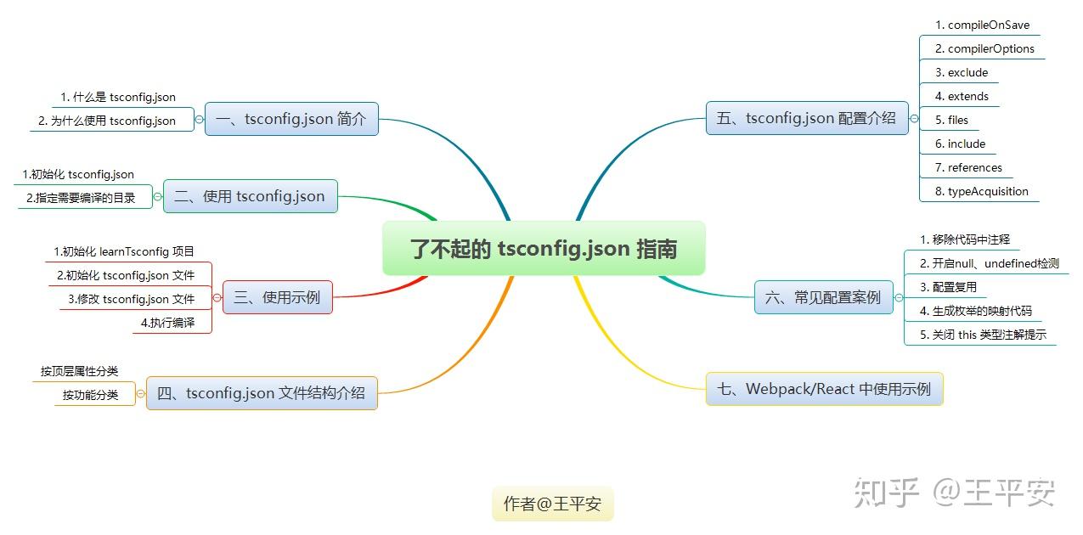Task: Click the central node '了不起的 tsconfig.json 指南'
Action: coord(544,249)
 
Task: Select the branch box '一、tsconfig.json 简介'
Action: coord(291,119)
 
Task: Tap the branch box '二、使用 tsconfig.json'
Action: coord(250,196)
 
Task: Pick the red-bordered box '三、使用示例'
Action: coord(277,297)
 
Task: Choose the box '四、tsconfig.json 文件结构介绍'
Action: coord(262,393)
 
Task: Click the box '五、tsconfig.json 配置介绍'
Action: coord(806,118)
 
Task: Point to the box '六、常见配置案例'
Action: coord(823,297)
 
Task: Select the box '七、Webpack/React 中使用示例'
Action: coord(824,389)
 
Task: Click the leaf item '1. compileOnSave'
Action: coord(982,25)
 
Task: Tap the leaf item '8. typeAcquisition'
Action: coord(981,191)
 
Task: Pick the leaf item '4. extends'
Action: coord(962,96)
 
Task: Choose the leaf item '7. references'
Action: coord(968,167)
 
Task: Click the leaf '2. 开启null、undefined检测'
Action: coord(989,263)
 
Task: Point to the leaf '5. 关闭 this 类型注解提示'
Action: coord(983,335)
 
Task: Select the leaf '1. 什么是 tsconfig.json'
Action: coord(118,98)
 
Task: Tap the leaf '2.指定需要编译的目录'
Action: coord(81,198)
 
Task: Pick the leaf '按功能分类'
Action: coord(90,395)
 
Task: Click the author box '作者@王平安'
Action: coord(552,504)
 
